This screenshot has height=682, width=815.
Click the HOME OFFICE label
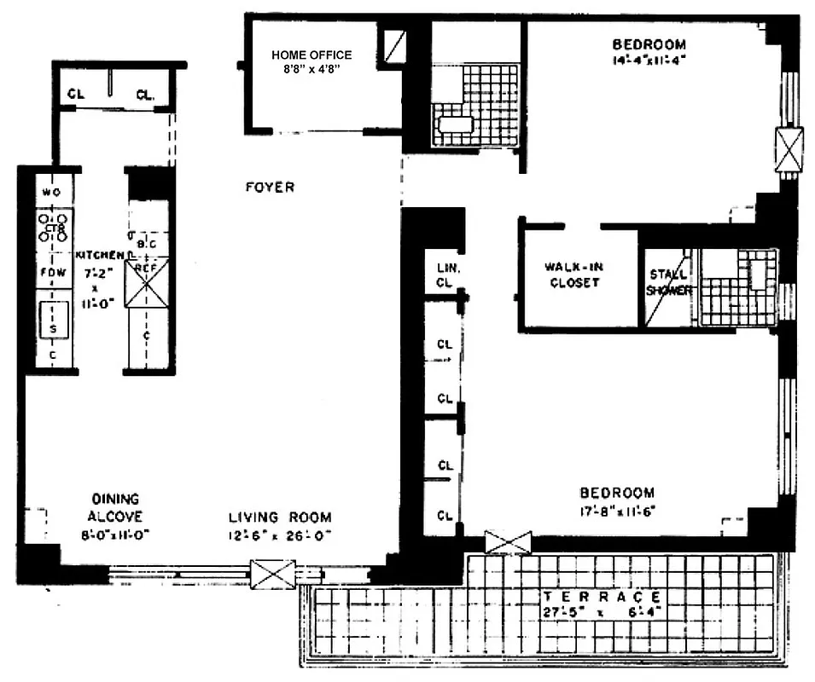pyautogui.click(x=311, y=55)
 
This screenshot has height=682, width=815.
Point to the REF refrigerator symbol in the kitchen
pyautogui.click(x=147, y=282)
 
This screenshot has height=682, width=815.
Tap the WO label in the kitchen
pyautogui.click(x=52, y=192)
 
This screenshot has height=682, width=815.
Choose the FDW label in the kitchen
pyautogui.click(x=52, y=273)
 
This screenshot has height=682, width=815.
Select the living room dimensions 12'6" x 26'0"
pyautogui.click(x=279, y=536)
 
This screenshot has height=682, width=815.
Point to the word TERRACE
pyautogui.click(x=602, y=597)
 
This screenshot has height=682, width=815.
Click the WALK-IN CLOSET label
pyautogui.click(x=573, y=275)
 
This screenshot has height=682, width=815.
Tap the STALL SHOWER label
pyautogui.click(x=668, y=282)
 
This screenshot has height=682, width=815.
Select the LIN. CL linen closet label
pyautogui.click(x=443, y=275)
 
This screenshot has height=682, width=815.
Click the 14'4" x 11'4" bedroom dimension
pyautogui.click(x=649, y=61)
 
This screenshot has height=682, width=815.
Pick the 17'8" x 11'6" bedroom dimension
pyautogui.click(x=617, y=511)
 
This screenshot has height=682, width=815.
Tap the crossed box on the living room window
pyautogui.click(x=273, y=575)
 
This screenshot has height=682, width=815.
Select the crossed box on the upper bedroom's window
pyautogui.click(x=789, y=149)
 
